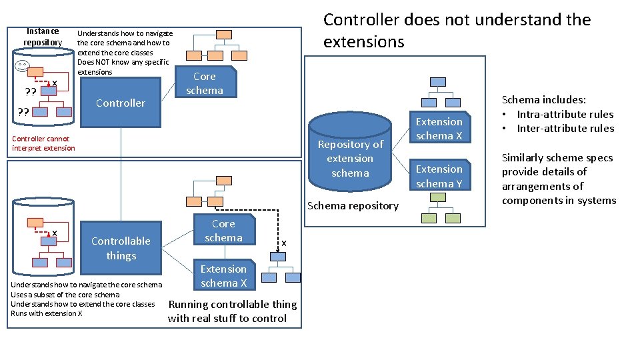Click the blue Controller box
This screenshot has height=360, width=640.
pos(120,103)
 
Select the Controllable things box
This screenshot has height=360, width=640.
pos(121,248)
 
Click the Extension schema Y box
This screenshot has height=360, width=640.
pos(439,176)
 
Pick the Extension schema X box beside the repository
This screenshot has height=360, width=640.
pos(439,129)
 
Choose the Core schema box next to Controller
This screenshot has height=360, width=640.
pos(205,83)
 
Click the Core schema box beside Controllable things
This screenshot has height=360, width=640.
pos(223,231)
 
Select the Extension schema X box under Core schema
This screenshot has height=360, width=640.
pos(223,276)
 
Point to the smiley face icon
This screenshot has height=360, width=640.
pos(23,66)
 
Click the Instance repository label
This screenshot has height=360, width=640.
pos(43,37)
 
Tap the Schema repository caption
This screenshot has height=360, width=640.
pos(353,205)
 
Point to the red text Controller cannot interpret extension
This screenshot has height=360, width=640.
pos(43,143)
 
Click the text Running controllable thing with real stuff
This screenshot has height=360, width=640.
pos(232,311)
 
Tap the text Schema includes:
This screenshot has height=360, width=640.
pos(543,99)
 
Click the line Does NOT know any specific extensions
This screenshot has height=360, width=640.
pos(123,67)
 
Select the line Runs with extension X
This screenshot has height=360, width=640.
pos(47,313)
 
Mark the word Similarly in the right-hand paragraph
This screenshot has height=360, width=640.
pos(523,158)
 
